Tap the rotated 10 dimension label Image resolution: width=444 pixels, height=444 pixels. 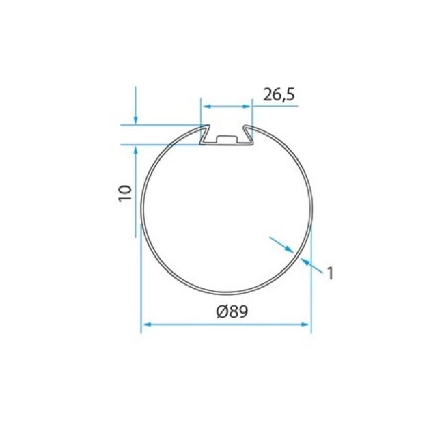pyautogui.click(x=124, y=192)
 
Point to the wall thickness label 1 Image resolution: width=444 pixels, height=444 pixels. pyautogui.click(x=329, y=273)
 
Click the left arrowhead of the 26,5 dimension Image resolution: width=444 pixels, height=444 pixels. pyautogui.click(x=206, y=107)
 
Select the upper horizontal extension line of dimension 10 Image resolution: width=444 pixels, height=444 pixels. pyautogui.click(x=161, y=124)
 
